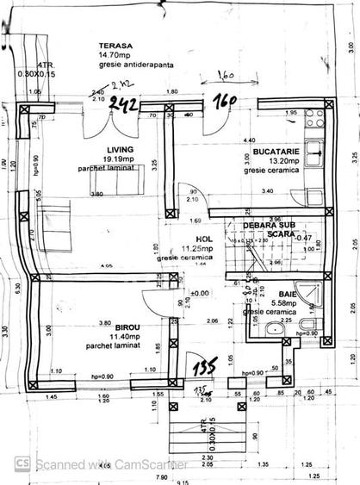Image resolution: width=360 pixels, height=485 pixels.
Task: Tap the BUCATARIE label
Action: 274,152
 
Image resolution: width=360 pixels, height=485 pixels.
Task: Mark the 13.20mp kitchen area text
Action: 273,161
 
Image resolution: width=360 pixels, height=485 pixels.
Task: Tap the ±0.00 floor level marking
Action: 199,293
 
